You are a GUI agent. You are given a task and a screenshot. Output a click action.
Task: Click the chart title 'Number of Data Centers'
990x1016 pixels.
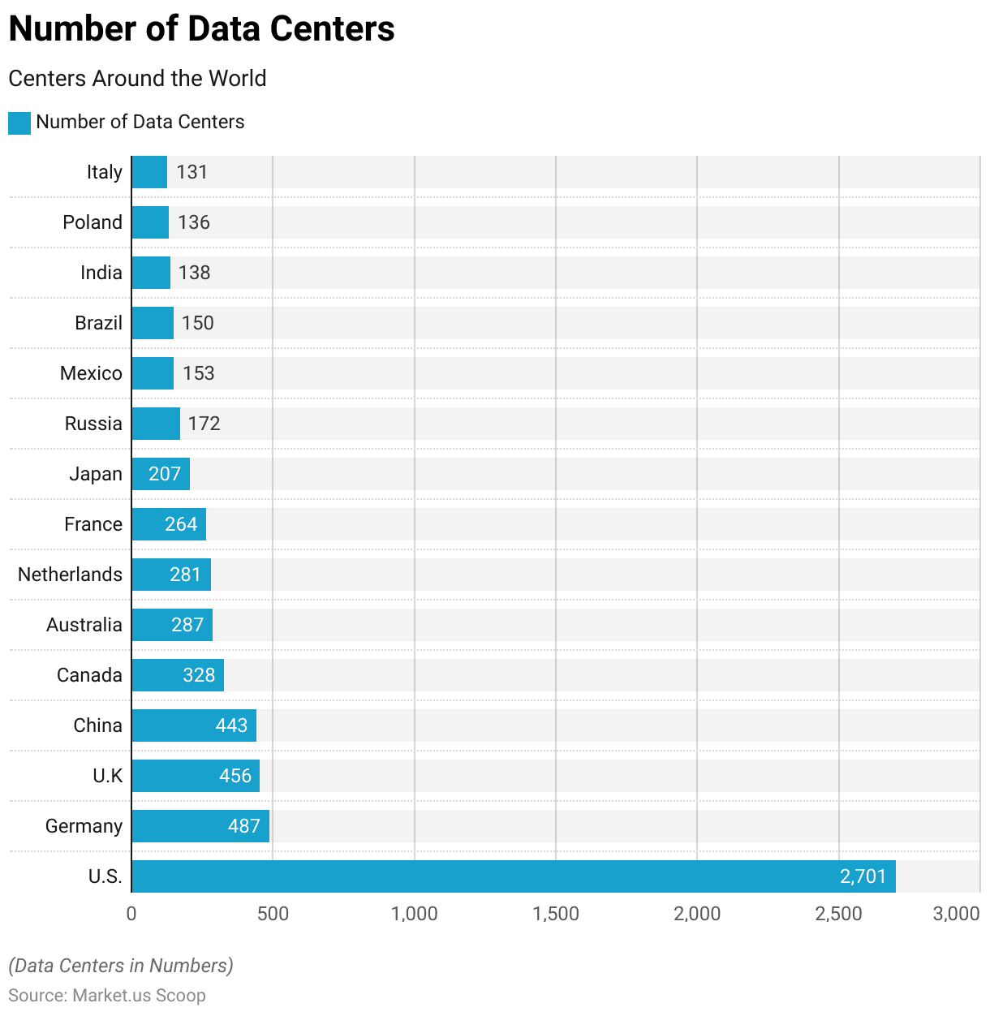201,29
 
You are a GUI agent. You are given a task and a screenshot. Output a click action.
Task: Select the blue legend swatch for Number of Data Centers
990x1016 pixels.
19,123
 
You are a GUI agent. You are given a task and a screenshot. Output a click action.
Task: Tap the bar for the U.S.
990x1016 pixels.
513,876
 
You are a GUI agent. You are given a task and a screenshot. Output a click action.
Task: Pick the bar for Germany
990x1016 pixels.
200,826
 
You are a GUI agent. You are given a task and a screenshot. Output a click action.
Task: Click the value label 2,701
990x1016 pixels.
863,876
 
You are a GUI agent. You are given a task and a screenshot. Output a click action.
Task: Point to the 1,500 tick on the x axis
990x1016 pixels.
556,914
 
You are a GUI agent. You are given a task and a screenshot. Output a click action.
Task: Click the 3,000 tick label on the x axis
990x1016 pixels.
956,914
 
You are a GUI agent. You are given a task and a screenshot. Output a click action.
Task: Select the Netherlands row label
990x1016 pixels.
70,575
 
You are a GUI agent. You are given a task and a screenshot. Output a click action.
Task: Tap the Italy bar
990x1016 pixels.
149,172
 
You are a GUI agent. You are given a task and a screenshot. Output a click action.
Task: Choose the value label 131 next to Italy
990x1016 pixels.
192,172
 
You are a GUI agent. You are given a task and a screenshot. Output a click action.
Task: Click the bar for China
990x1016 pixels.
194,725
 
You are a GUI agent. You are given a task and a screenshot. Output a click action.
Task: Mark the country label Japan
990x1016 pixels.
96,474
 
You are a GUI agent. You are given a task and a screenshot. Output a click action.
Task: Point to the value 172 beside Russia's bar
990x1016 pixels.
204,424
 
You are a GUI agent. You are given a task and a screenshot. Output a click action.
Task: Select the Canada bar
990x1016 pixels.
178,675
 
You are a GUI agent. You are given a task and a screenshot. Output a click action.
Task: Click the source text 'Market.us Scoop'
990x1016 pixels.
139,996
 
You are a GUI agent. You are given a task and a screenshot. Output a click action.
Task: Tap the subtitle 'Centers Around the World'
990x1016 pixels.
137,79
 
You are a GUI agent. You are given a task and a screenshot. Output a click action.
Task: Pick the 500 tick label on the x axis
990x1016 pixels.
273,914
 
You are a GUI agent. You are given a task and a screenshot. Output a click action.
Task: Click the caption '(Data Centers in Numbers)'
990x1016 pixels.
121,966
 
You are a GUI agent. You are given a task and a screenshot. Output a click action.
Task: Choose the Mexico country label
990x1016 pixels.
91,373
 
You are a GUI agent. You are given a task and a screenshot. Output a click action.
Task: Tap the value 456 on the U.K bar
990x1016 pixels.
235,776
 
